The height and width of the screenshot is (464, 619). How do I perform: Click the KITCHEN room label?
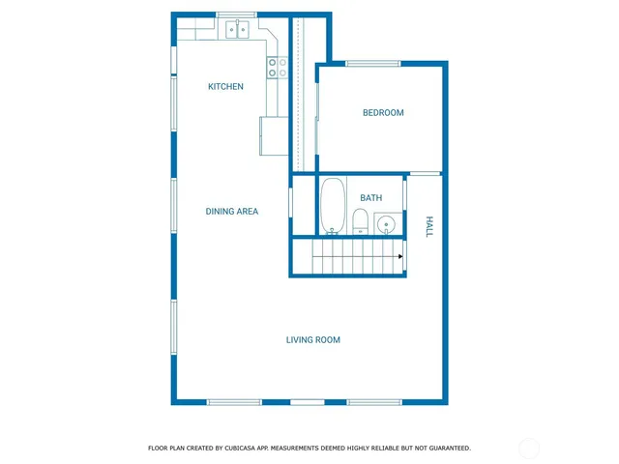point(225,87)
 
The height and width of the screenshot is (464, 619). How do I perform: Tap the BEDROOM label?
point(383,113)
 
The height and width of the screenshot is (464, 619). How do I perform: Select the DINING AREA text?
point(231,211)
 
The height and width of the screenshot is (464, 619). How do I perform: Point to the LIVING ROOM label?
point(312,339)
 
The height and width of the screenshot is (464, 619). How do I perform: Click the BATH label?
point(370,198)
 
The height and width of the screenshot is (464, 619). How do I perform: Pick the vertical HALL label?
point(429,226)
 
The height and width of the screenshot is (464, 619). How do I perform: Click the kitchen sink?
point(238,31)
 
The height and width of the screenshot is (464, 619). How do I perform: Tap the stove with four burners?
point(278,67)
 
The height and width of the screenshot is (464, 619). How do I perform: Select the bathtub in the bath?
point(333,206)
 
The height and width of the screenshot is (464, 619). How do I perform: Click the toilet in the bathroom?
point(360,222)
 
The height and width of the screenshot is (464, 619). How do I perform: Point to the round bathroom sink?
point(385,226)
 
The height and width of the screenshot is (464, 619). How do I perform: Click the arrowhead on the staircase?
point(398,256)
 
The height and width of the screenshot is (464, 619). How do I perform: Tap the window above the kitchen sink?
point(235,14)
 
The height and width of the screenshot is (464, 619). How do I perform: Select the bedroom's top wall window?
point(373,64)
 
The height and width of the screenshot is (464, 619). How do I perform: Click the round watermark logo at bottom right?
point(529,448)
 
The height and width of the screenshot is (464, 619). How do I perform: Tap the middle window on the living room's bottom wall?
point(308,402)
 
